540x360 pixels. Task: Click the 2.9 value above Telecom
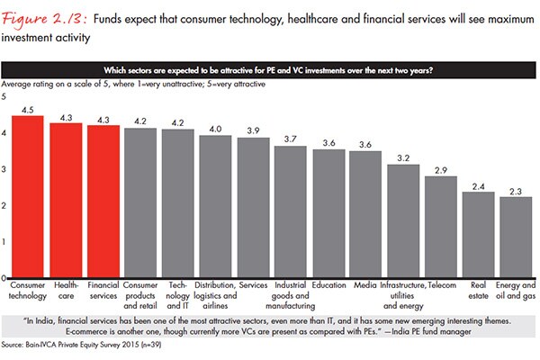click(x=440, y=168)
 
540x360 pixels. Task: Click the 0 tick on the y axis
click(x=6, y=277)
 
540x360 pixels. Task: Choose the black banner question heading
click(x=269, y=72)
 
